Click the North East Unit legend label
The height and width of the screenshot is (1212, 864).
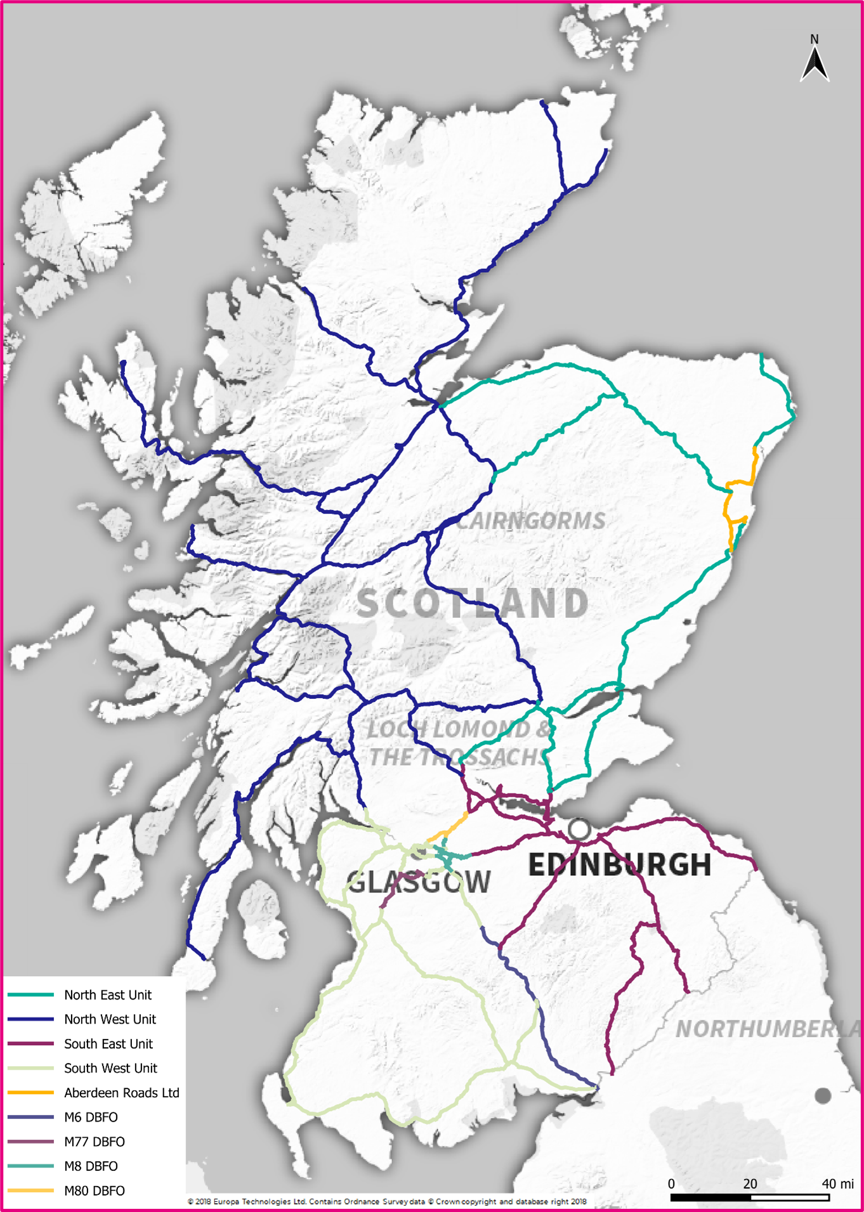point(107,994)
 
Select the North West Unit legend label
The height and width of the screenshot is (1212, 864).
point(110,1019)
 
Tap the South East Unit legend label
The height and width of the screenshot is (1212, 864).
point(108,1043)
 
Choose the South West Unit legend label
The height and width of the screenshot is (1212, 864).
point(110,1068)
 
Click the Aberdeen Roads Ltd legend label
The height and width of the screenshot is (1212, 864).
point(121,1093)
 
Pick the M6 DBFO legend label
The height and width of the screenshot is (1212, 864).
point(91,1117)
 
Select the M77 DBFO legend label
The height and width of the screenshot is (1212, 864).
point(94,1142)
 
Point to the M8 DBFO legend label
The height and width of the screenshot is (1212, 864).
point(91,1166)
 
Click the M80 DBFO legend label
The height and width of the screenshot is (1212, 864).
point(94,1190)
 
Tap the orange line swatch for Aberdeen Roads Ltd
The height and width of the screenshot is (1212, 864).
point(30,1093)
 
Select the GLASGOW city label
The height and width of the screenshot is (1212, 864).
point(419,882)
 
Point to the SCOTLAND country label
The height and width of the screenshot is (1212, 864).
point(473,603)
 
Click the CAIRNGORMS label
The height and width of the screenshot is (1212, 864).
point(530,521)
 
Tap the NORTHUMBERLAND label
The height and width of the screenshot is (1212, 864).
point(768,1029)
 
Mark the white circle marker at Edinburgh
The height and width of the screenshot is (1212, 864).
point(579,828)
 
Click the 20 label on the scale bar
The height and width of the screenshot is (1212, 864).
point(750,1183)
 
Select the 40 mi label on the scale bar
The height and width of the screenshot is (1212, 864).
point(837,1183)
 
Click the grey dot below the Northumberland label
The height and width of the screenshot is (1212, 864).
point(823,1095)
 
